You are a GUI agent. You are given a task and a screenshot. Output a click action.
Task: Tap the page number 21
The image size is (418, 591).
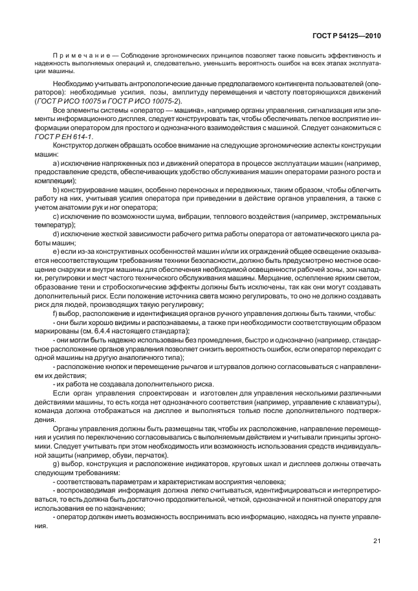377,542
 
